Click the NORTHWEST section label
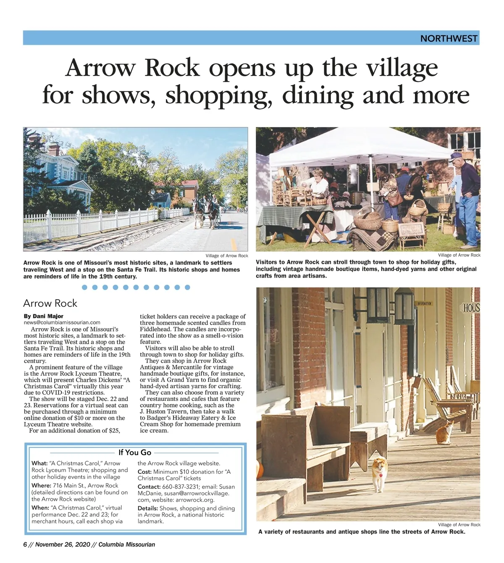pos(449,39)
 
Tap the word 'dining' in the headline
pos(318,95)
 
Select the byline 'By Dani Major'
pos(44,316)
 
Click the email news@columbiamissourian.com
pos(62,322)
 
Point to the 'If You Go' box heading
pos(135,453)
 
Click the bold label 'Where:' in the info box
pos(41,485)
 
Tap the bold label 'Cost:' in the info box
pos(144,472)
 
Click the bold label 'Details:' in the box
pos(148,508)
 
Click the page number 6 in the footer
pos(25,545)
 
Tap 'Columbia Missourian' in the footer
pos(127,545)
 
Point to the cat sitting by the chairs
pos(445,433)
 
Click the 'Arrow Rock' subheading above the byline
pos(50,303)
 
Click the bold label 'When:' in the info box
pos(40,508)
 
